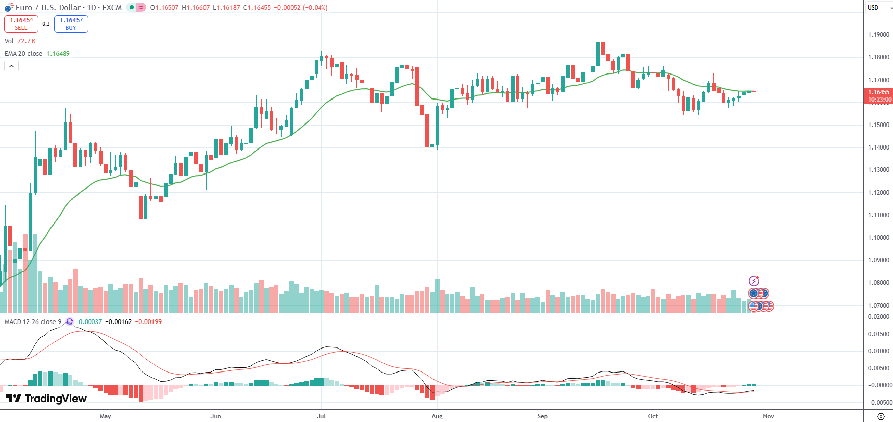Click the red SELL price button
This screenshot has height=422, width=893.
(x=21, y=23)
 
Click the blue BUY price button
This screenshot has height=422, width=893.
(x=71, y=23)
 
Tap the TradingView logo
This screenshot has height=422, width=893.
(x=46, y=399)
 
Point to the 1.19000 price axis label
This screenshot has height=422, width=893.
(x=878, y=35)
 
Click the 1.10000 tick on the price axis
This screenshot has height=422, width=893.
(x=878, y=238)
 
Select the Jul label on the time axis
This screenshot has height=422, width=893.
(x=321, y=416)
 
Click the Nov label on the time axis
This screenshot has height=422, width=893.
(x=768, y=416)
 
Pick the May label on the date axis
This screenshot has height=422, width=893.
(x=105, y=416)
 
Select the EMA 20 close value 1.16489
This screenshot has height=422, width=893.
(x=58, y=54)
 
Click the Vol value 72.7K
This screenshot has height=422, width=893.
(x=27, y=41)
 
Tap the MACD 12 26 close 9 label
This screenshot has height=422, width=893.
(x=33, y=322)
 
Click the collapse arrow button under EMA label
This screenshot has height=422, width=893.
(x=11, y=66)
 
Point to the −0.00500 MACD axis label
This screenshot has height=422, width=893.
(x=878, y=403)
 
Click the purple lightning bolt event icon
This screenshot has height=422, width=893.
(x=754, y=281)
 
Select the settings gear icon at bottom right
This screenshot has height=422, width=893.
(x=881, y=416)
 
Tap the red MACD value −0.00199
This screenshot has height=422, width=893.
(x=148, y=322)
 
